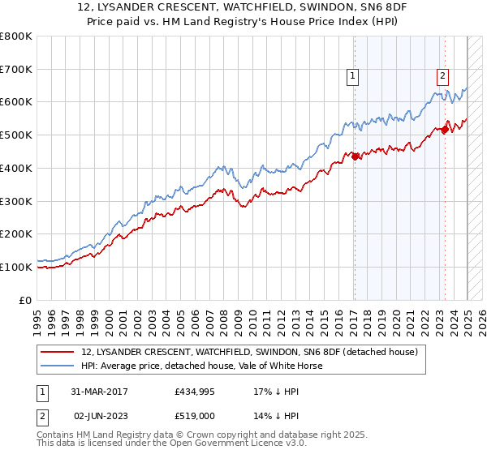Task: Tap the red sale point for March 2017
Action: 355,156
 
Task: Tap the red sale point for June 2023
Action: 445,129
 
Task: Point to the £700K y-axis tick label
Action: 16,69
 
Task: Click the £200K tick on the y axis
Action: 16,233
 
